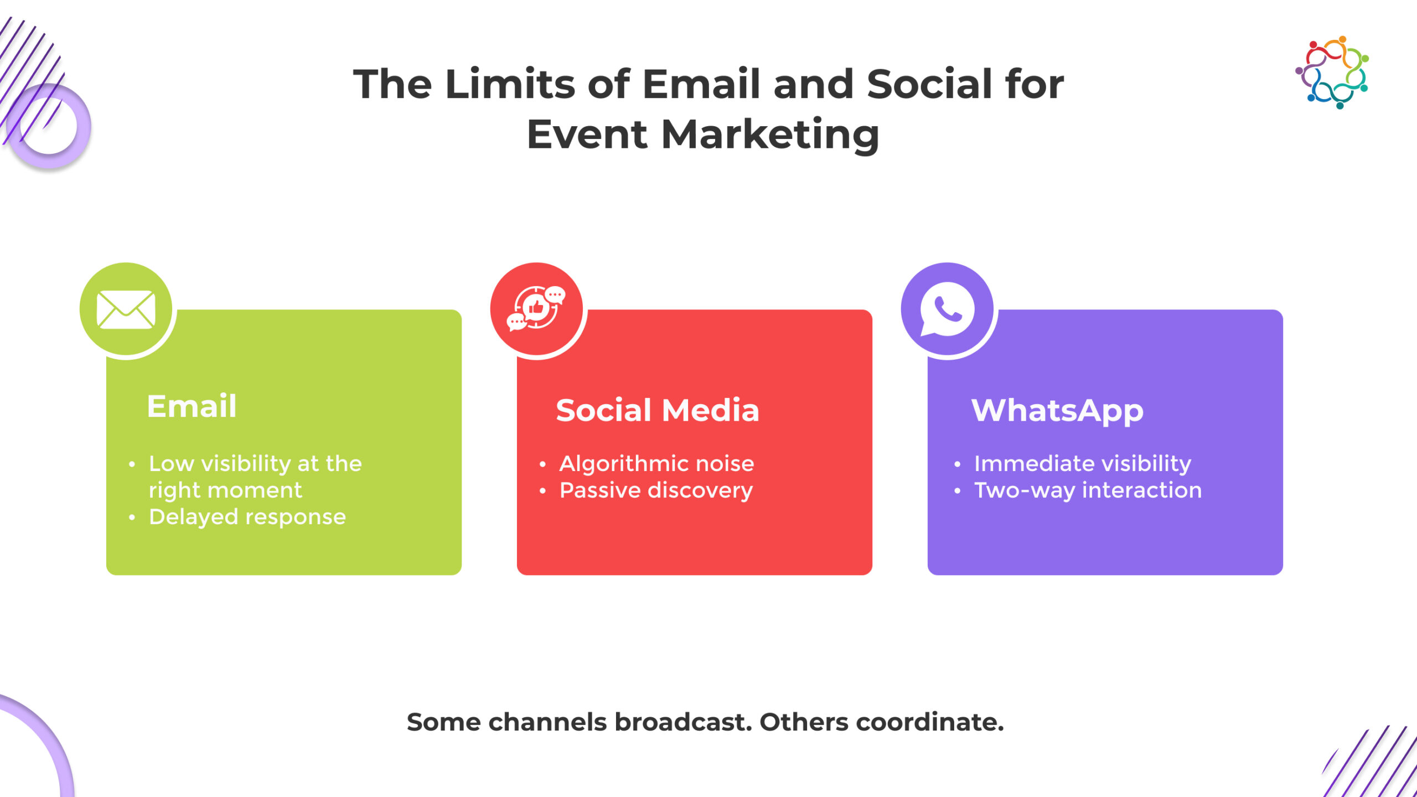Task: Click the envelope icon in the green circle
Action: click(x=126, y=309)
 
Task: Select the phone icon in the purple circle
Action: click(x=947, y=309)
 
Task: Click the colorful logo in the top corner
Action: click(x=1332, y=73)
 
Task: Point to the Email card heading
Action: click(x=192, y=406)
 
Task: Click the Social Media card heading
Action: click(x=657, y=410)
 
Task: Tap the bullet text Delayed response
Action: click(x=247, y=517)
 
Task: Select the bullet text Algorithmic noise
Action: click(x=656, y=464)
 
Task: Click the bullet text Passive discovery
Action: click(x=656, y=490)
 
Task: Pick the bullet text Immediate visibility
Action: click(x=1083, y=464)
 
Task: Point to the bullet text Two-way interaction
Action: click(x=1088, y=490)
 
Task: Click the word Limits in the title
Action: click(x=510, y=84)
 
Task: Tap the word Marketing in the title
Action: click(x=770, y=135)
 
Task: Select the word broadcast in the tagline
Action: click(x=683, y=722)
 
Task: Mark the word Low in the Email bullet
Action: click(x=171, y=464)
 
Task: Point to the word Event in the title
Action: click(x=587, y=135)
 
